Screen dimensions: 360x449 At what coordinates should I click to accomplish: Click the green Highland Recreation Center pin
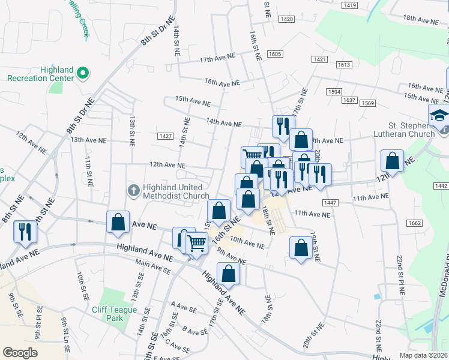(83, 74)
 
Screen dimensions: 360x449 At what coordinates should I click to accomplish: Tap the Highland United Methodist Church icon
(134, 190)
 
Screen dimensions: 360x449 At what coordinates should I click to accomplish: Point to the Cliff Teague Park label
(115, 310)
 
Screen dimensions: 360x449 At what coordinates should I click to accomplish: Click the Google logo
(20, 353)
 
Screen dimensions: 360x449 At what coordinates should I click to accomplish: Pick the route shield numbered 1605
(275, 54)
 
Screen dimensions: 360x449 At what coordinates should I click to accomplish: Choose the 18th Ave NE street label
(421, 20)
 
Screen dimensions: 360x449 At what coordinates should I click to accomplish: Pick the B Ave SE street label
(194, 331)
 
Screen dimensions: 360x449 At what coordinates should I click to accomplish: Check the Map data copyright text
(423, 354)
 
